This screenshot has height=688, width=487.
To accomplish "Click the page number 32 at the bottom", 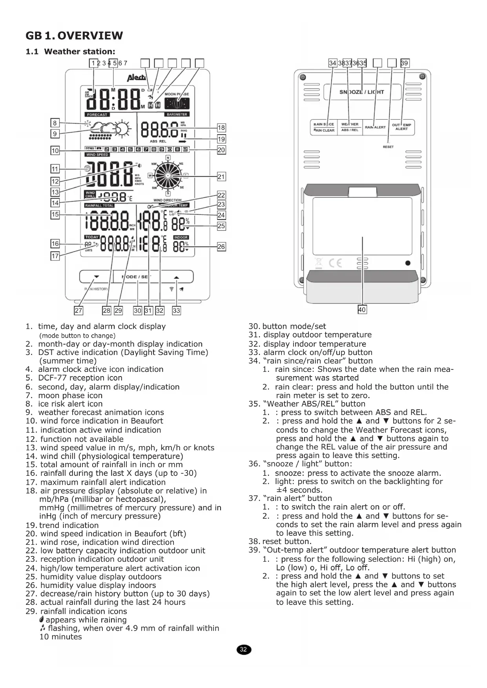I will [x=243, y=649].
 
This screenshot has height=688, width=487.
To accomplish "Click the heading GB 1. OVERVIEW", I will [x=74, y=36].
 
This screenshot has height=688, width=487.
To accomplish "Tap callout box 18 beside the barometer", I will [x=221, y=127].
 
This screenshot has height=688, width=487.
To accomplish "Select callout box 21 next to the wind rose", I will [x=221, y=177].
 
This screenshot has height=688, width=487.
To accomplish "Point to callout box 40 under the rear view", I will [x=362, y=309].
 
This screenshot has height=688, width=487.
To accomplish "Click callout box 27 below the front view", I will [x=78, y=311].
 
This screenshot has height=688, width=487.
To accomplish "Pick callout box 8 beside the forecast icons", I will [x=55, y=123].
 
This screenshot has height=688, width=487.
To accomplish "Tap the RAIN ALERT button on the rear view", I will [x=375, y=127].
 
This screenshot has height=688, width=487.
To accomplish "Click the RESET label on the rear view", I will [x=388, y=147].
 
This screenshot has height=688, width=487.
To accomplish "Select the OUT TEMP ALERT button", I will [x=401, y=127].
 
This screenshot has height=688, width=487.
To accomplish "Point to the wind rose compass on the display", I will [x=168, y=175].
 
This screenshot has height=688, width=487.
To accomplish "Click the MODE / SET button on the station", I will [x=137, y=277].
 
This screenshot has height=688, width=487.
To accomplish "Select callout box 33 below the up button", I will [x=177, y=311].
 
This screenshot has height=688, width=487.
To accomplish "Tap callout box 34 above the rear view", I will [x=333, y=63].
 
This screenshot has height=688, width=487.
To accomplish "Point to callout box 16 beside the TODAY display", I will [x=55, y=244].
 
